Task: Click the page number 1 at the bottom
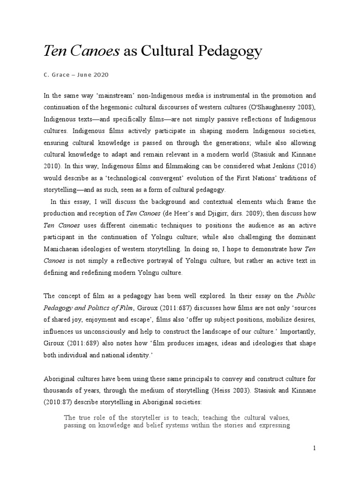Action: click(x=315, y=449)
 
